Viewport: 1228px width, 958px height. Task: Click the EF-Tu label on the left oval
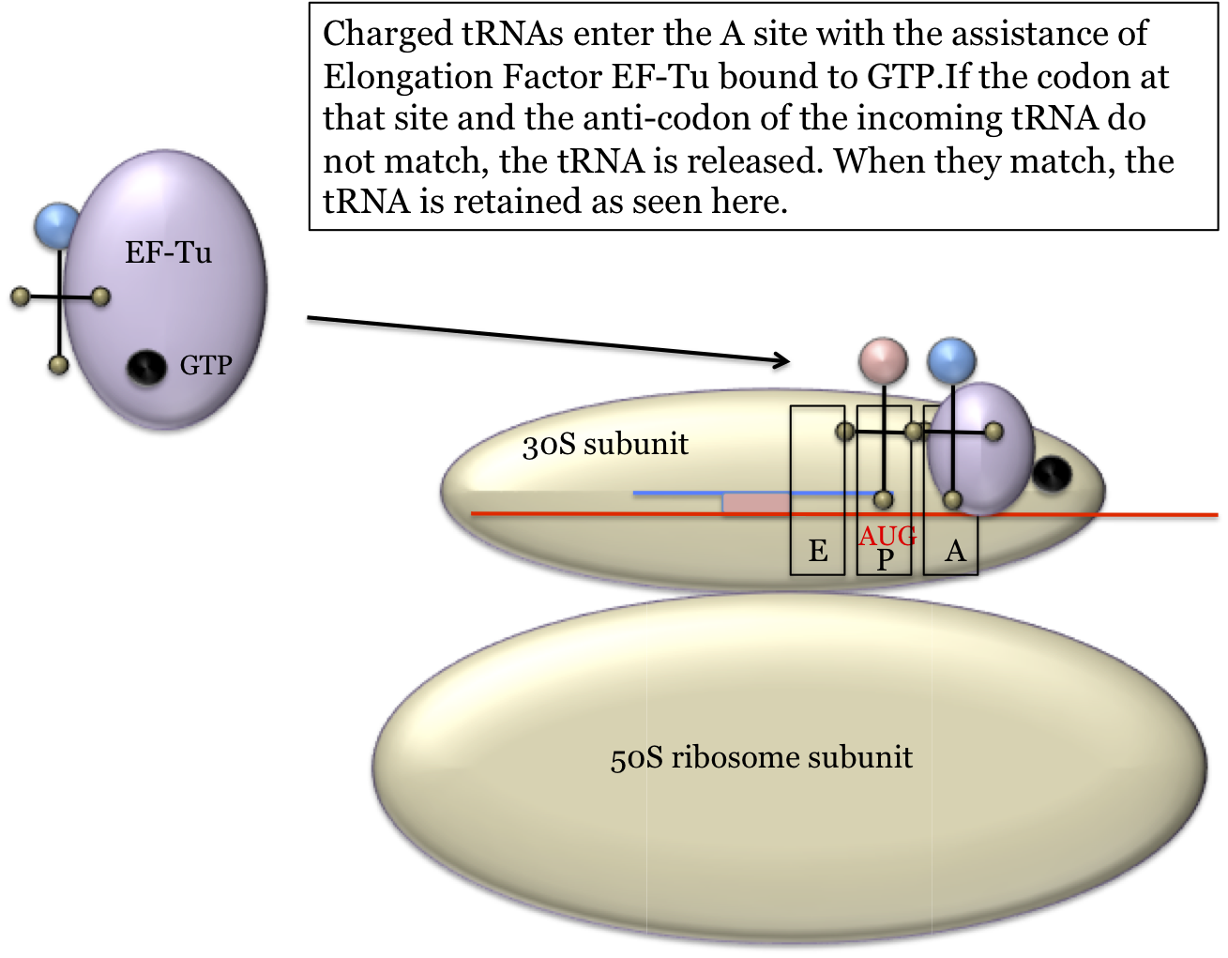coord(168,252)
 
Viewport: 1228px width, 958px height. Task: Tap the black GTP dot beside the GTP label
coord(146,367)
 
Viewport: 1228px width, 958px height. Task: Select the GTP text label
coord(205,365)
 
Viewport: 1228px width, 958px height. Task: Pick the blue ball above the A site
coord(951,361)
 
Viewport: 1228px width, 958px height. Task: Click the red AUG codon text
coord(887,537)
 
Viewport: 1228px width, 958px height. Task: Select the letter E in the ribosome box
coord(818,551)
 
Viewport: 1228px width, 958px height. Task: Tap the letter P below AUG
coord(885,560)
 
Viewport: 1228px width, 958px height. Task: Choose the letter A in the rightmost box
coord(955,551)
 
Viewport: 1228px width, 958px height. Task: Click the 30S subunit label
coord(605,444)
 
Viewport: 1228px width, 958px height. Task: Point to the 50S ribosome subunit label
coord(761,757)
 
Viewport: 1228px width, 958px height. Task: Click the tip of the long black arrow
coord(790,361)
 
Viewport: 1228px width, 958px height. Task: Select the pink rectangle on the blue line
coord(756,503)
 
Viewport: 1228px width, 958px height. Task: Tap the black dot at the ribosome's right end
coord(1052,473)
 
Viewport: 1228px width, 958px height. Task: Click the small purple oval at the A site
coord(980,449)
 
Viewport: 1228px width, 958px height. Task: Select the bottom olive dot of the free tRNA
coord(58,365)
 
